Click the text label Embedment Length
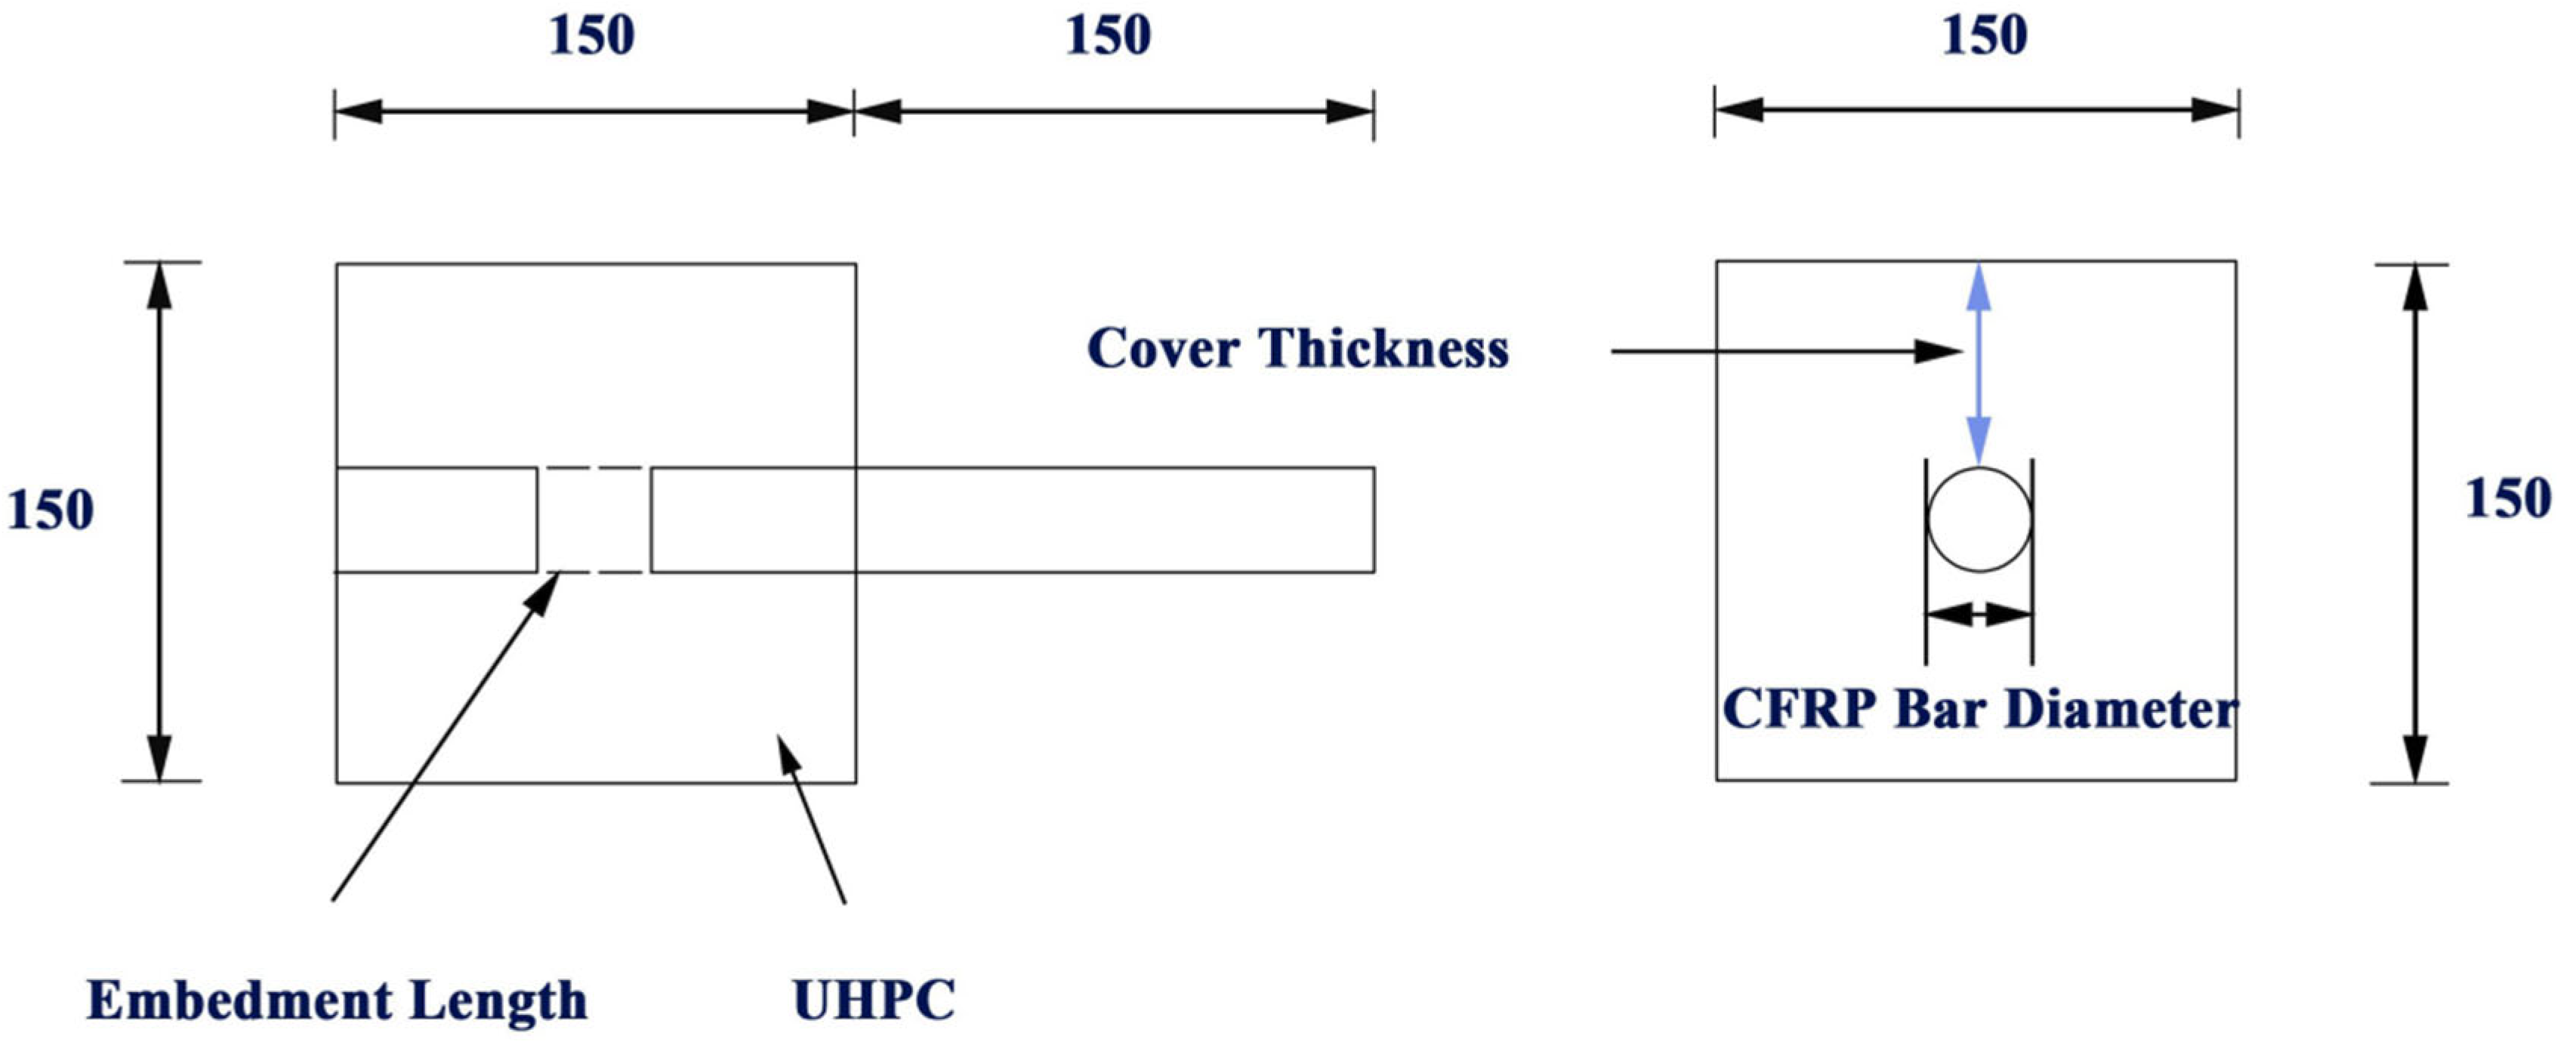(x=337, y=1000)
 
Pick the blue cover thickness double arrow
(x=1979, y=363)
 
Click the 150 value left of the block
(x=50, y=511)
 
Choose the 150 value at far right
(x=2507, y=498)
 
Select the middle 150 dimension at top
(x=1108, y=37)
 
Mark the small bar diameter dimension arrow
(x=1979, y=615)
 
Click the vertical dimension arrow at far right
(x=2416, y=523)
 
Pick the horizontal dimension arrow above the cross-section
(x=1976, y=110)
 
